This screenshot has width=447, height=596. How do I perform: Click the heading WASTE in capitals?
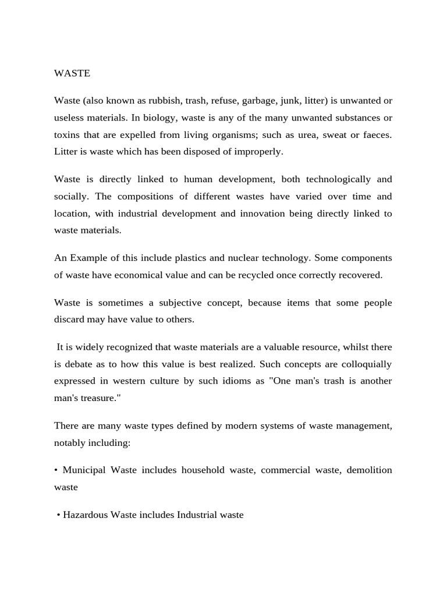click(x=72, y=73)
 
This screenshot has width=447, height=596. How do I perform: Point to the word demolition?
click(x=369, y=470)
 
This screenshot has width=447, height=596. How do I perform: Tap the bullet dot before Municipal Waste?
click(x=56, y=470)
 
